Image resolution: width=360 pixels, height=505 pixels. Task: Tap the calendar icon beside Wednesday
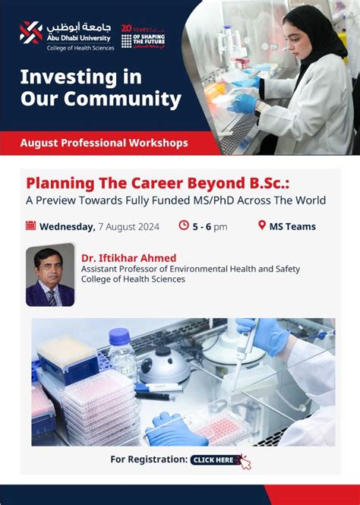click(31, 226)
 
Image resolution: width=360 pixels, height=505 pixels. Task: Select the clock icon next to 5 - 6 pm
click(183, 226)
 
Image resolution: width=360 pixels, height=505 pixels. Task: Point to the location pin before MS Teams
click(262, 226)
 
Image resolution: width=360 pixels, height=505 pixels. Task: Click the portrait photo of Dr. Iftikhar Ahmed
click(50, 275)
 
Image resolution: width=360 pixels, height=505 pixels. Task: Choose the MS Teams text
click(293, 226)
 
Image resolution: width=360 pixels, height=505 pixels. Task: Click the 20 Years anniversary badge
click(143, 36)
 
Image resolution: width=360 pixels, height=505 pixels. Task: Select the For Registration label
click(148, 459)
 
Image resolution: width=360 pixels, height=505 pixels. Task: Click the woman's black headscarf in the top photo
click(312, 34)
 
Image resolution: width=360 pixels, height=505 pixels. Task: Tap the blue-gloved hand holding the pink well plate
click(172, 428)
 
